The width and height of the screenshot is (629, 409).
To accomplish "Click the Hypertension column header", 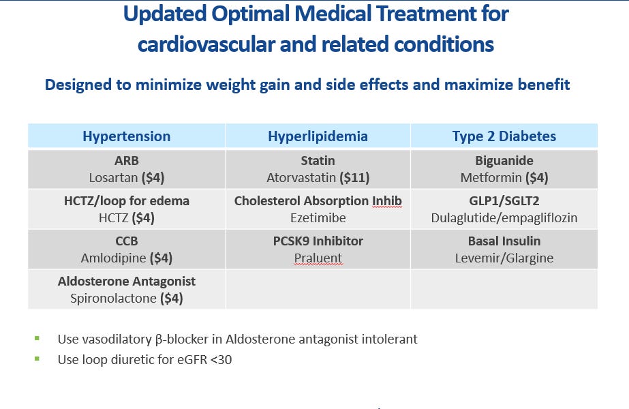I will pos(126,136).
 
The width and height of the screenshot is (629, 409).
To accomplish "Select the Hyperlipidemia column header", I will pos(318,136).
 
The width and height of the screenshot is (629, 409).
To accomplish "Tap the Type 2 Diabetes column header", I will pos(504,136).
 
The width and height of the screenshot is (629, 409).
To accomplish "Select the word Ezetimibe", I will pos(318,218).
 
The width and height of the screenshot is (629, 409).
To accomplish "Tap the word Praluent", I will pos(318,258).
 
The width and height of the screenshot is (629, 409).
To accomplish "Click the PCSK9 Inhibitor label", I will pos(318,241).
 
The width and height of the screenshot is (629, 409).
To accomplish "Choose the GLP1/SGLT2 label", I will pos(504,201).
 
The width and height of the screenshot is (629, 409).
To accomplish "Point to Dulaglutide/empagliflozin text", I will pos(504,218).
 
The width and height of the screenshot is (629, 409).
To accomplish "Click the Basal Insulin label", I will pos(504,241).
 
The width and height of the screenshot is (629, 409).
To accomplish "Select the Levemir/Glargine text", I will pos(504,258).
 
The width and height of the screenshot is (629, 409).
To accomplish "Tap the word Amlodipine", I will pos(110,258).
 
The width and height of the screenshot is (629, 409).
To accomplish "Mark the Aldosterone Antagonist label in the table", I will pos(126,281).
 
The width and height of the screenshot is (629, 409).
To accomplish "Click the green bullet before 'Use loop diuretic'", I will pos(37,358).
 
